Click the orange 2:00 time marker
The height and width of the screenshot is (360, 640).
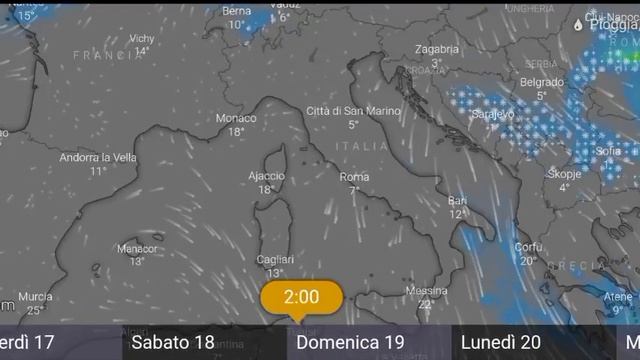click(301, 297)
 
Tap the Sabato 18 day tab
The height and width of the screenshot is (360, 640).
click(173, 343)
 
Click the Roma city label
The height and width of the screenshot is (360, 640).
click(354, 177)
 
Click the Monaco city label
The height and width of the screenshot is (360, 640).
click(236, 118)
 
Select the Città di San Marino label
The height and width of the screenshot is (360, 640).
click(353, 110)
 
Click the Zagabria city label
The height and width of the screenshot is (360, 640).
click(437, 49)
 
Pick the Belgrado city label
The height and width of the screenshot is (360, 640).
click(541, 82)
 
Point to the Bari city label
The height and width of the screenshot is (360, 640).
click(458, 200)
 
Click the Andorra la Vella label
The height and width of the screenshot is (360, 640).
click(98, 157)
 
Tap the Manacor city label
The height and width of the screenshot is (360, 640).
click(137, 249)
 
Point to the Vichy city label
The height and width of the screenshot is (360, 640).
click(142, 38)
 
